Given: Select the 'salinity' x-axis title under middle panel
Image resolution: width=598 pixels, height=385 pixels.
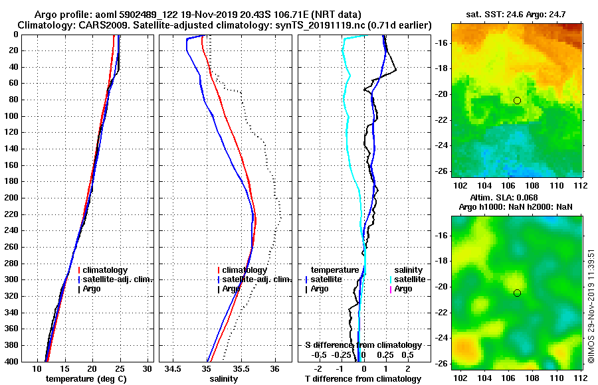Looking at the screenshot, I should [x=224, y=379].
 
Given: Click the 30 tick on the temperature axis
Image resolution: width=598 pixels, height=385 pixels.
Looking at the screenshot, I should [x=148, y=369].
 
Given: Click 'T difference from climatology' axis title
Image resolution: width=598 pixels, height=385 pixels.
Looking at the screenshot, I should [x=363, y=379].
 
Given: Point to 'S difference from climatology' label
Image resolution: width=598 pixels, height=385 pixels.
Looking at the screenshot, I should [x=363, y=345].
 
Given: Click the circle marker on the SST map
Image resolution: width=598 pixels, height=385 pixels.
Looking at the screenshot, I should [x=517, y=100].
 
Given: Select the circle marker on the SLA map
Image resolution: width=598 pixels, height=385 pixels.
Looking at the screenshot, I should [x=517, y=293].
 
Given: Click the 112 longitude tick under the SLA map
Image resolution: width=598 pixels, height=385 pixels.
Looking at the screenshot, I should [x=581, y=376].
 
